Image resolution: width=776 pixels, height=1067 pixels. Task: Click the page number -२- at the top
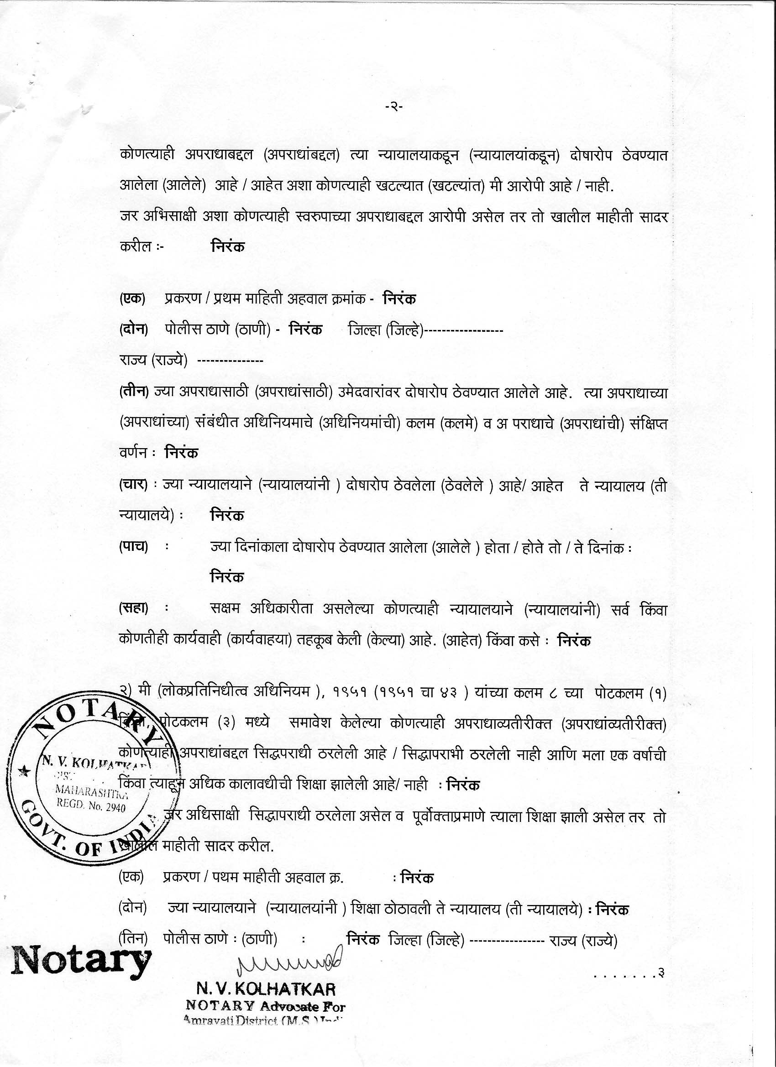pos(393,107)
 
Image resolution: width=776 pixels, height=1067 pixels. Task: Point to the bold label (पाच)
pos(134,547)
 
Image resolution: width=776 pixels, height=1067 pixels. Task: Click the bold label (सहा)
pos(134,609)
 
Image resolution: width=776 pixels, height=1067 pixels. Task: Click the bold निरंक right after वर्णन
pos(181,453)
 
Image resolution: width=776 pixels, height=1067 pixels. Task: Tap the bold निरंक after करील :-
pos(228,246)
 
